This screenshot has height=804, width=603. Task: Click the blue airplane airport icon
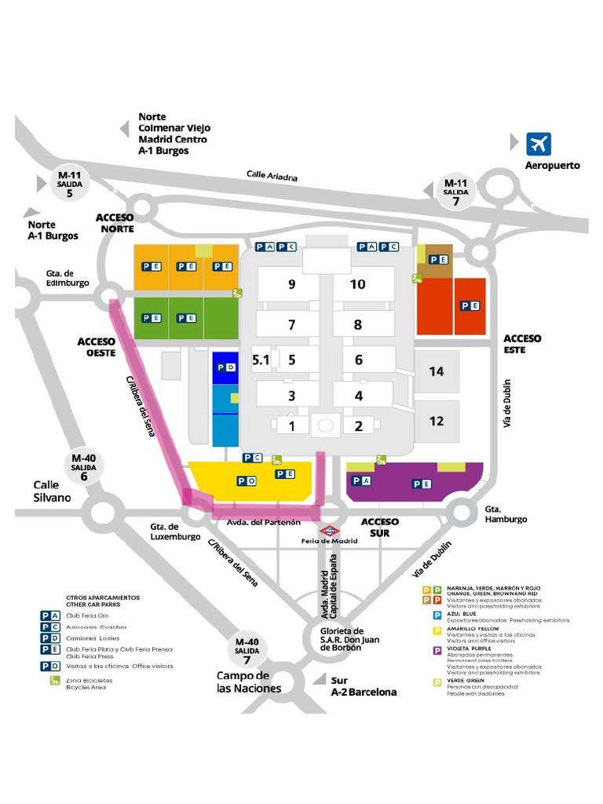539,144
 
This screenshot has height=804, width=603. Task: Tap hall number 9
291,283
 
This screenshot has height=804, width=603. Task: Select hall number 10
357,283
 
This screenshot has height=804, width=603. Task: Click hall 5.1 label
261,360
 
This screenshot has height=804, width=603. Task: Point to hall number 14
437,371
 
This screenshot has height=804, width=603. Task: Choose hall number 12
437,421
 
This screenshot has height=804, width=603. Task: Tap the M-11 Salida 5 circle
70,185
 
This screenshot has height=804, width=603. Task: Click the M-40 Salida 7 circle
247,651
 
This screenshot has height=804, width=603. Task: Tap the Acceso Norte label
115,223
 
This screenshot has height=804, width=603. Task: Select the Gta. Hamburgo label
506,514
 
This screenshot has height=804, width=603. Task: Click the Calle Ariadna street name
272,176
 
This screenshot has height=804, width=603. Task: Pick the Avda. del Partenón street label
264,523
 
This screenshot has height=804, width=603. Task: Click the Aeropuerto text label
553,166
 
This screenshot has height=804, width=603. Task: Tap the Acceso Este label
523,343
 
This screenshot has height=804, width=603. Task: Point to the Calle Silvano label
52,491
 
